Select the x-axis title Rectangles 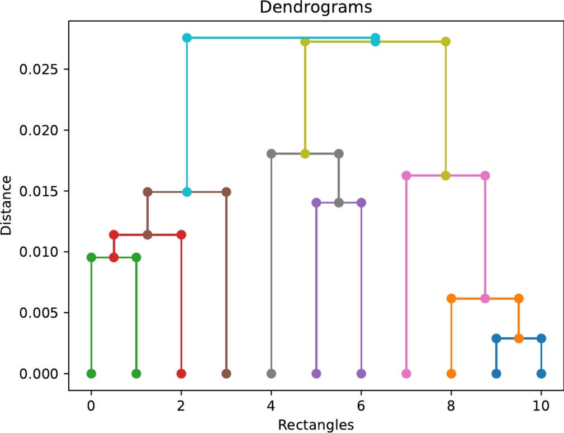(x=316, y=425)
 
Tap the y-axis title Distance (x=7, y=205)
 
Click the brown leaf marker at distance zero (x=226, y=373)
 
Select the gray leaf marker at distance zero (x=272, y=373)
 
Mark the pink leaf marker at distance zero (x=406, y=373)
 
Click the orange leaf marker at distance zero (x=452, y=373)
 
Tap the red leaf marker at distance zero (x=181, y=373)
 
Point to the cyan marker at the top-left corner (x=187, y=37)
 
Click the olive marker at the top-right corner (x=445, y=41)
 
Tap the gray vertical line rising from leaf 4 (x=272, y=263)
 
